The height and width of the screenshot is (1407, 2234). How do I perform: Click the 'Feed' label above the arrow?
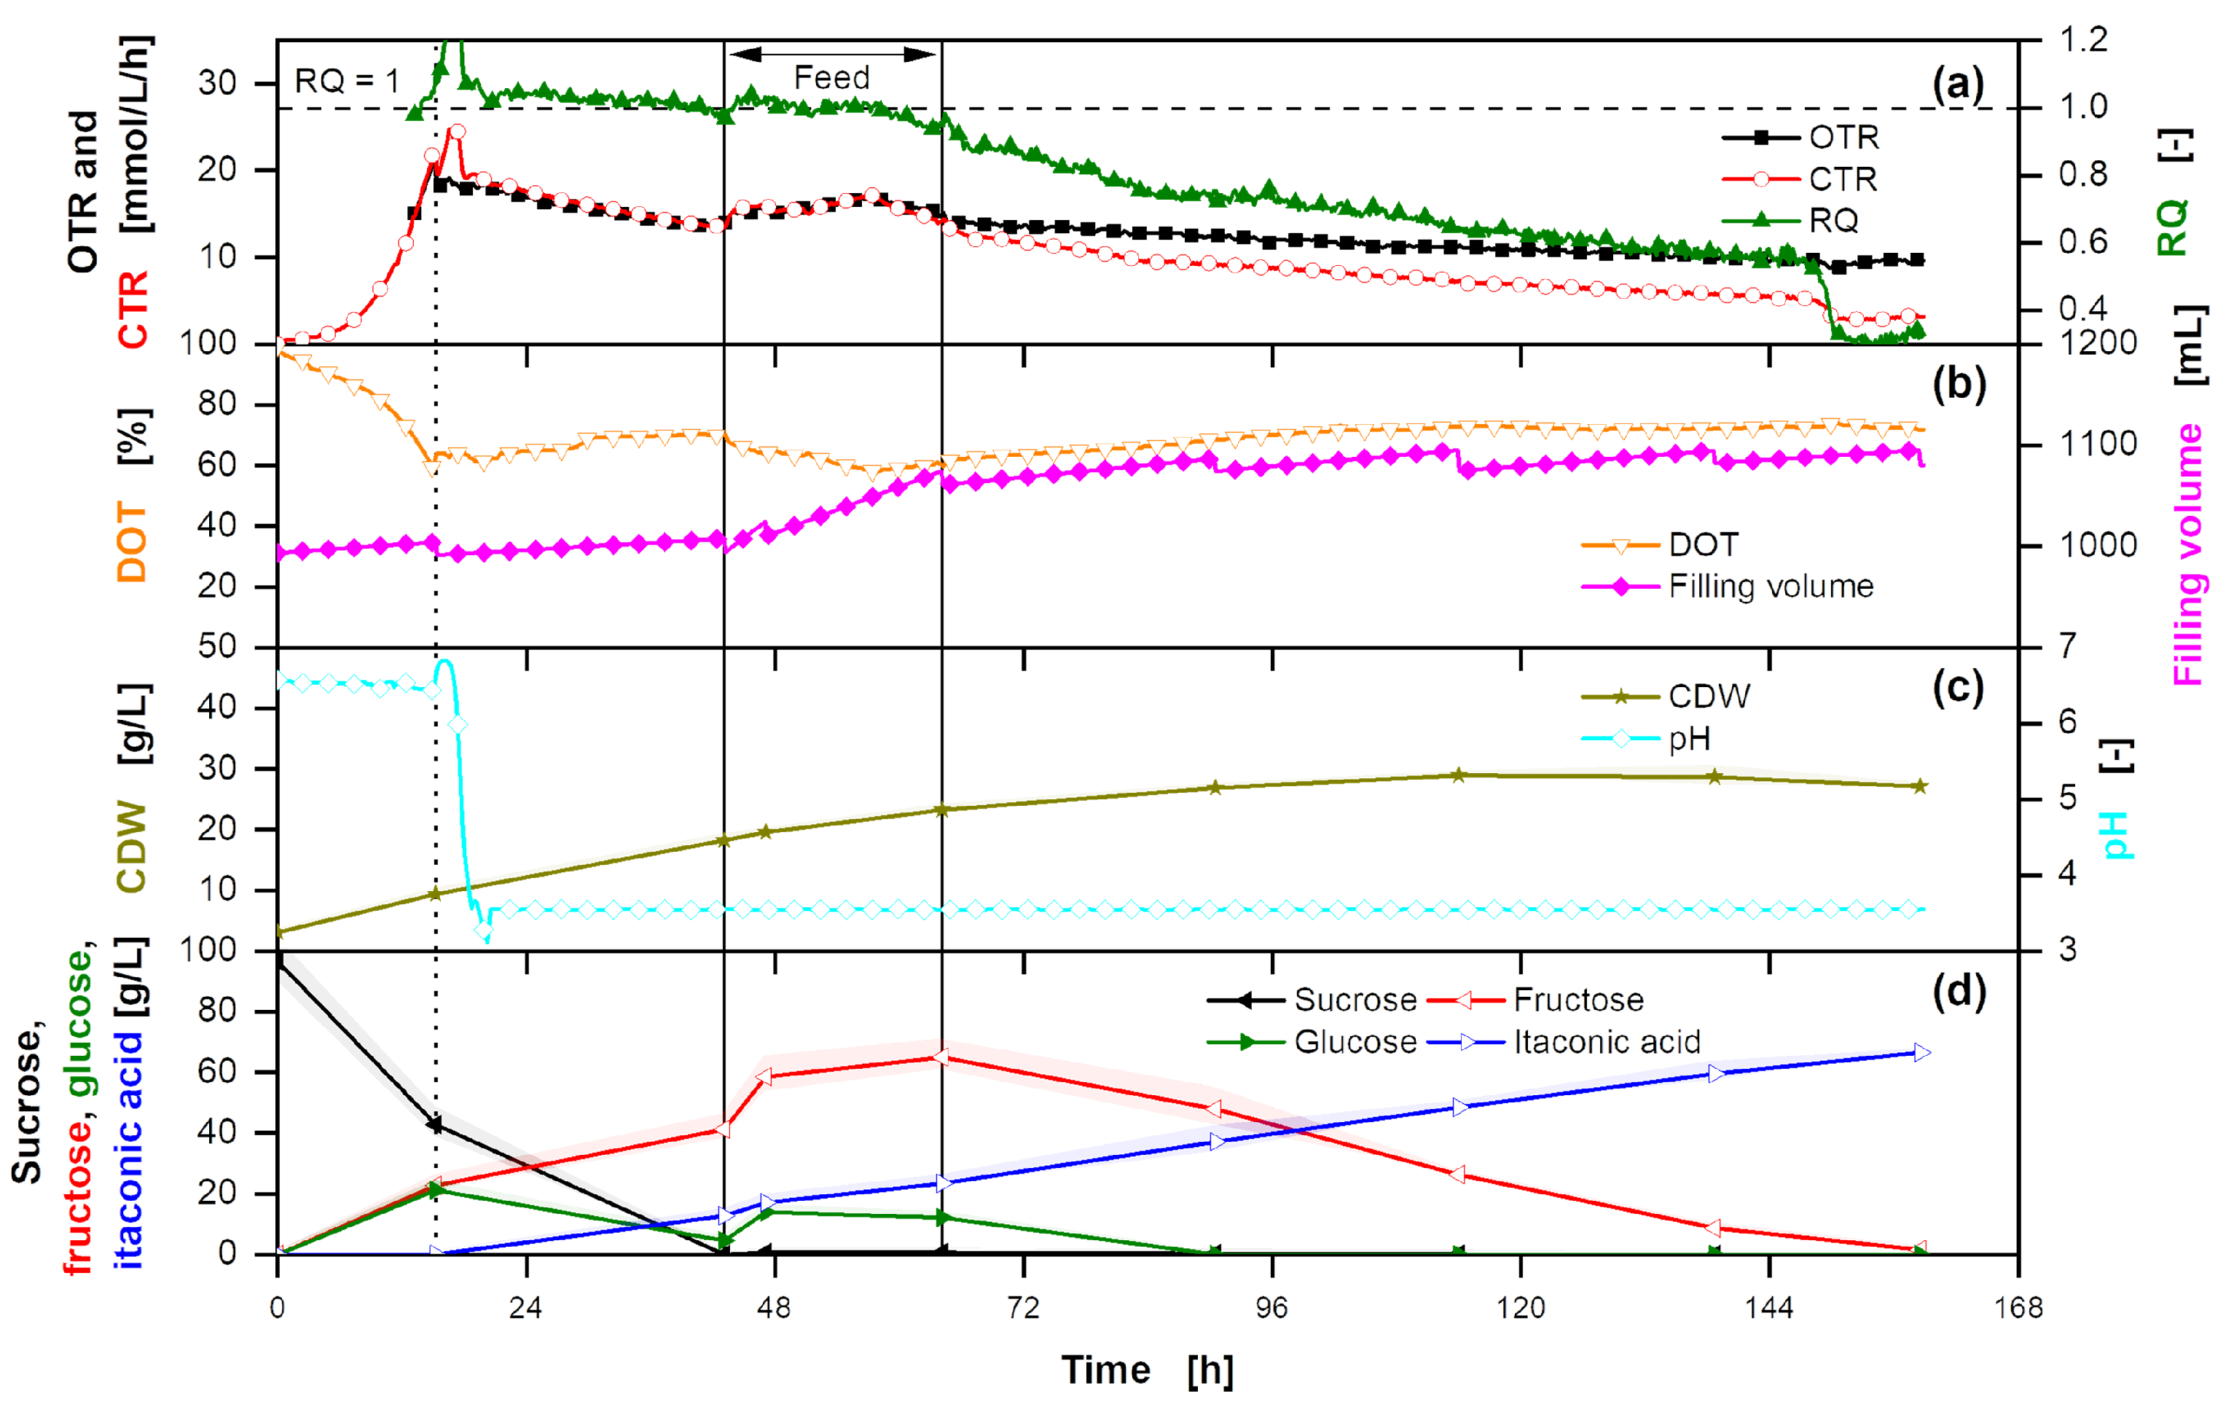pos(831,78)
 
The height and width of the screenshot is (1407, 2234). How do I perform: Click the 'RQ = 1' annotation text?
pos(346,82)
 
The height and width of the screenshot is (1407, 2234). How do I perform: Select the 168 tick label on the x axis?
pos(2018,1308)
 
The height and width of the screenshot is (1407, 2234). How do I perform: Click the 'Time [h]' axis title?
pos(1147,1370)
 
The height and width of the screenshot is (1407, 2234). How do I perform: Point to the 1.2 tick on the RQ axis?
pos(2082,40)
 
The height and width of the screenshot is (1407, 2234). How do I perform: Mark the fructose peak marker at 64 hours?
pos(941,1057)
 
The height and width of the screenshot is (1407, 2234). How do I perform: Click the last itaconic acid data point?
pos(1921,1053)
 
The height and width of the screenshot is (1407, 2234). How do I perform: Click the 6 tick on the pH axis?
pos(2067,723)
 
